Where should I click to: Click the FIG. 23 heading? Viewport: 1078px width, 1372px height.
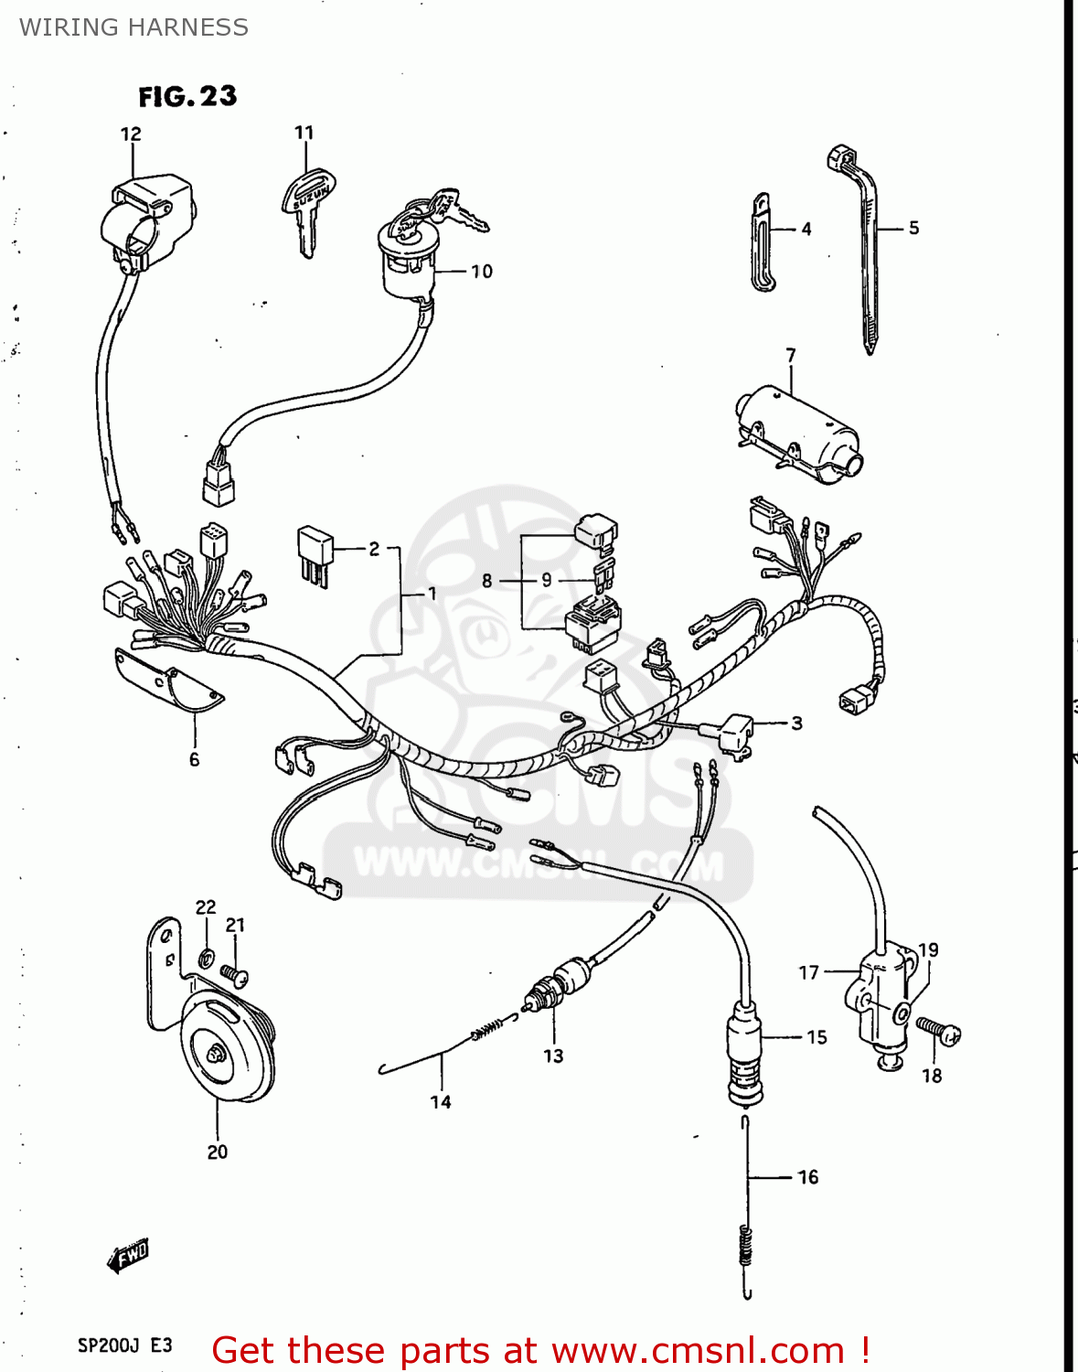coord(187,96)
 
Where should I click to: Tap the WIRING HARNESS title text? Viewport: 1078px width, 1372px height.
coord(133,27)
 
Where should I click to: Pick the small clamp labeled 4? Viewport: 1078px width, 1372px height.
coord(762,242)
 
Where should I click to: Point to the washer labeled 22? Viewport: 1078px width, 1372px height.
coord(207,959)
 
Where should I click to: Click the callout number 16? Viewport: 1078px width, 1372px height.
coord(808,1177)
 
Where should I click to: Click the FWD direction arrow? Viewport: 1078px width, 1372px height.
coord(128,1256)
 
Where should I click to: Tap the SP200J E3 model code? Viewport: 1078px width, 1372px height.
coord(124,1345)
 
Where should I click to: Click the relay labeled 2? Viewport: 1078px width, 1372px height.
coord(314,552)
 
